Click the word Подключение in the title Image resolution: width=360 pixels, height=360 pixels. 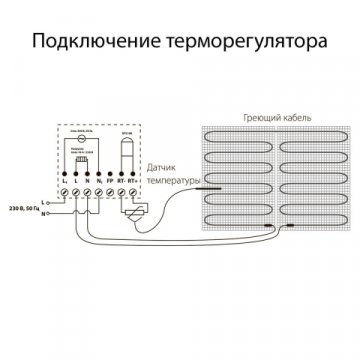click(91, 44)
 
